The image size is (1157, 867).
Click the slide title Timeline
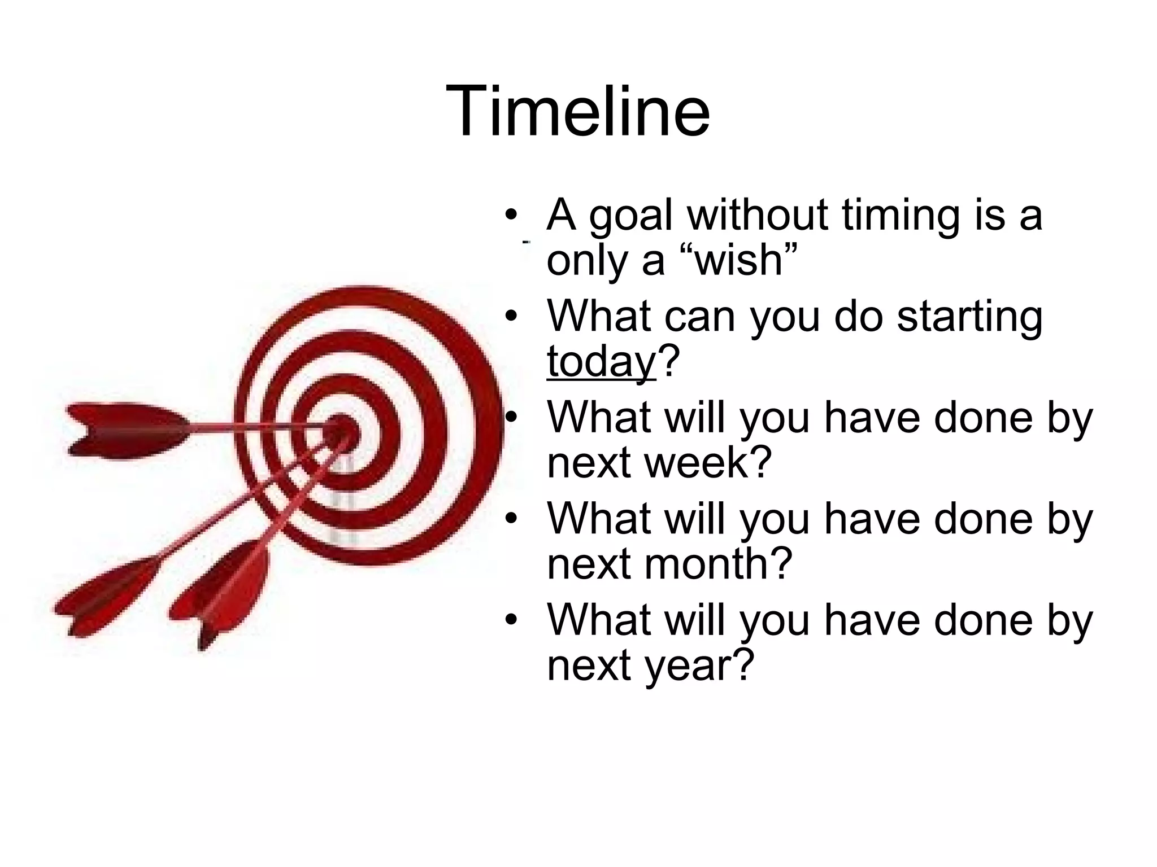[577, 111]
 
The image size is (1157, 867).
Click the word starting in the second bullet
[969, 317]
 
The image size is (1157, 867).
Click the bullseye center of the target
[341, 431]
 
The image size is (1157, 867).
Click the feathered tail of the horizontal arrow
[121, 430]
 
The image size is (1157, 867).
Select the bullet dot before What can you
[511, 316]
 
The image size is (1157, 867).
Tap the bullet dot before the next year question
[511, 620]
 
